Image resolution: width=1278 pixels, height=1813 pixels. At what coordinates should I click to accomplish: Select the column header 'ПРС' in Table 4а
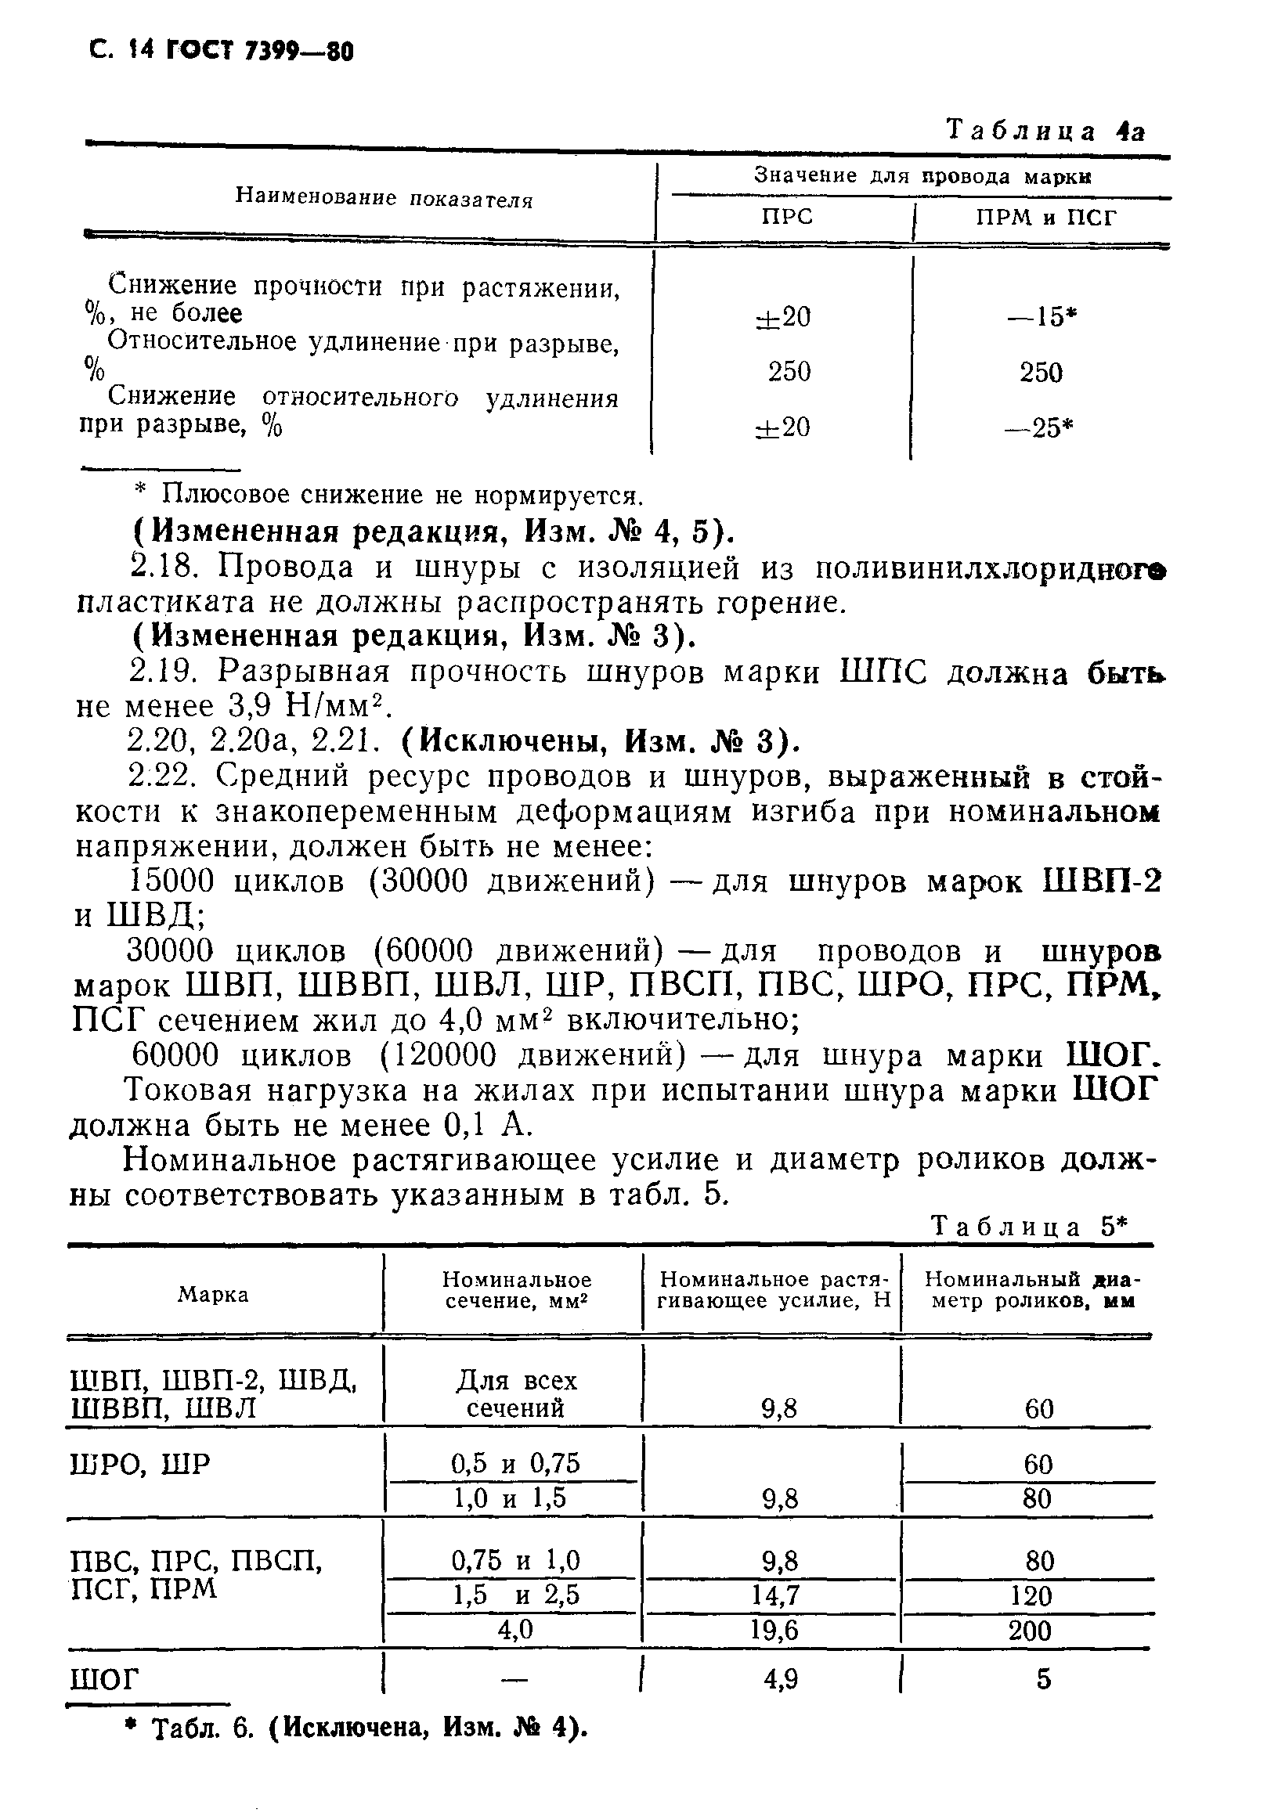point(787,217)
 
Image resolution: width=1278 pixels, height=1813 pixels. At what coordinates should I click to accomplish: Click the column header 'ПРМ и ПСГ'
point(1045,217)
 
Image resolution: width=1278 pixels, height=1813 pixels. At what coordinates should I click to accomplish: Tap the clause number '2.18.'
point(163,567)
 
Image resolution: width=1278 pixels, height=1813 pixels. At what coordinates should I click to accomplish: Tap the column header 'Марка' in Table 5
point(213,1295)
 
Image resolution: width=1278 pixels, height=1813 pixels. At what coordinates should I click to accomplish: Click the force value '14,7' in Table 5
point(774,1596)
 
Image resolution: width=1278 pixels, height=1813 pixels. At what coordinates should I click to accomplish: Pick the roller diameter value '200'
point(1031,1631)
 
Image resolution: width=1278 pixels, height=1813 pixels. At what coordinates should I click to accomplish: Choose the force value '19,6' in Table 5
point(774,1631)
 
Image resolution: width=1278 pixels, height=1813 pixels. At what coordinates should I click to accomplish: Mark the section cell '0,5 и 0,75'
point(515,1464)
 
